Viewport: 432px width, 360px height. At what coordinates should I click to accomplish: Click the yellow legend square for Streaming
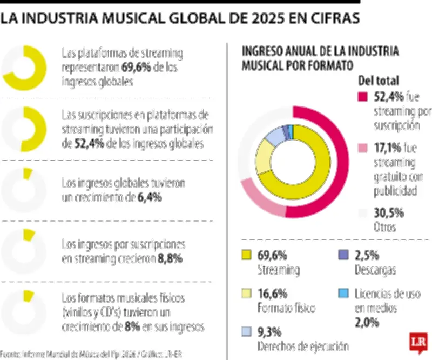click(247, 255)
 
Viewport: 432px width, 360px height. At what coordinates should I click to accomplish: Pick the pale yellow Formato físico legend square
click(247, 294)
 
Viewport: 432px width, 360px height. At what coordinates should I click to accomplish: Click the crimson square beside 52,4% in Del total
click(363, 98)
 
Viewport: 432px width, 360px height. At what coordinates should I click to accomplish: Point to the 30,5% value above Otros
click(389, 212)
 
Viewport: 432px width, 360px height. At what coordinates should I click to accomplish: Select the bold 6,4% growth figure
click(150, 197)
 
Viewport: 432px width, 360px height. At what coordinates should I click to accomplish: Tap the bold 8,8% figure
click(170, 258)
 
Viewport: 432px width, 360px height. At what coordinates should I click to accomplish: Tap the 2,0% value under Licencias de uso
click(367, 323)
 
